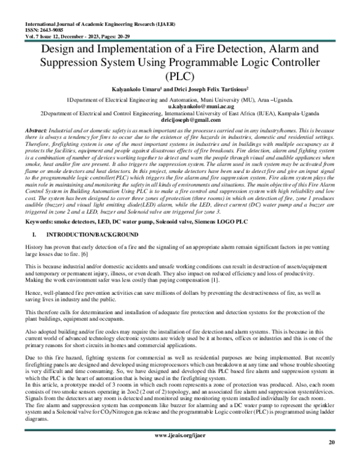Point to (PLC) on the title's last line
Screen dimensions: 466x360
[180, 77]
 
